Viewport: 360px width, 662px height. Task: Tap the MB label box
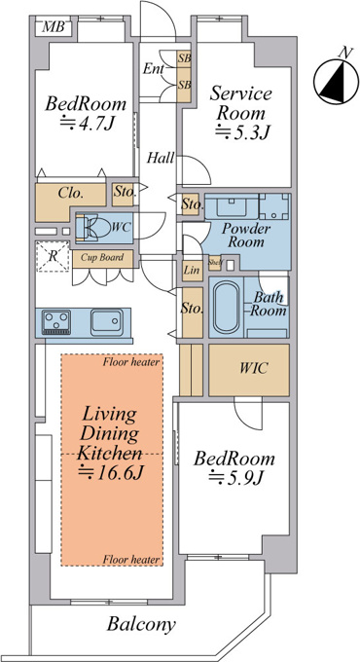[54, 27]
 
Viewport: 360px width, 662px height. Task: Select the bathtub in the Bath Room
[226, 307]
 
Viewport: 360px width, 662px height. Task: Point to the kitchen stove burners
[56, 321]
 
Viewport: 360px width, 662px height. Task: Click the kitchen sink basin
[107, 322]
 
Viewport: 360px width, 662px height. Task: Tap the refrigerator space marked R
[53, 256]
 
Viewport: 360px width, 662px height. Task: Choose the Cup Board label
[102, 257]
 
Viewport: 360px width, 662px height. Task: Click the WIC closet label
[253, 368]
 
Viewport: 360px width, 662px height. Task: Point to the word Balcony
[141, 624]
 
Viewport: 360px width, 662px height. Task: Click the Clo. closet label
[70, 194]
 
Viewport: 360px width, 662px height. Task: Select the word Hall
[161, 159]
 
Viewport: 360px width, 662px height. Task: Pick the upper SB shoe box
[184, 59]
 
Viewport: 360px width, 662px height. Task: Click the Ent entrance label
[153, 69]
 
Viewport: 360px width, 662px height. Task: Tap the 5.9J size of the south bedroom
[236, 477]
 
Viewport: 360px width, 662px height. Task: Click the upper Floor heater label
[131, 362]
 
